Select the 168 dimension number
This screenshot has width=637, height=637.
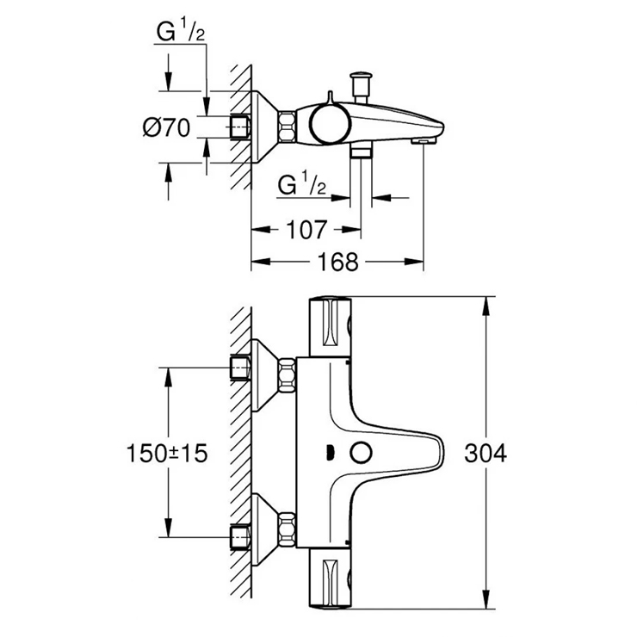(337, 262)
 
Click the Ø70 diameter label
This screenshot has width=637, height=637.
(165, 127)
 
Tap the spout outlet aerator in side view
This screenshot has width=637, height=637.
(423, 139)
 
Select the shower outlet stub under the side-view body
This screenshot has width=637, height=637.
(361, 152)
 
